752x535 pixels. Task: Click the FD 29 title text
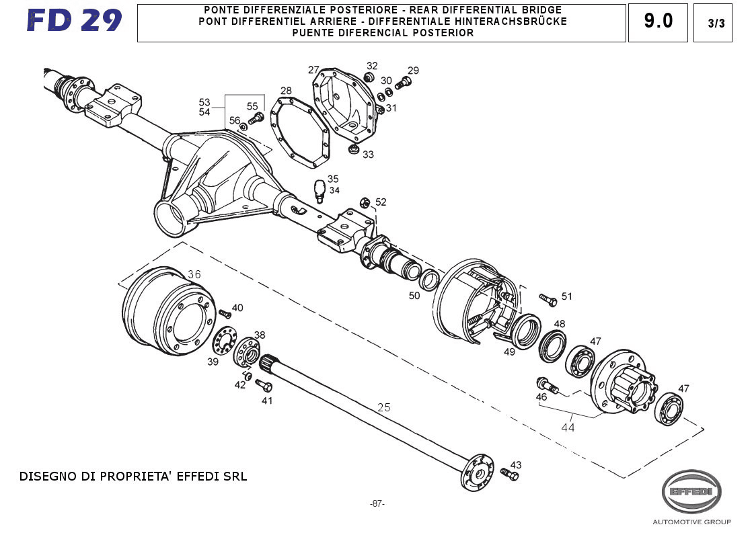(75, 22)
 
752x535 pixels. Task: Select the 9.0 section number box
(658, 22)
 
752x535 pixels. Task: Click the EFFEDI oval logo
(691, 491)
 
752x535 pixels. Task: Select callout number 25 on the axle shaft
(384, 407)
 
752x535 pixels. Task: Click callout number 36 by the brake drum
(194, 274)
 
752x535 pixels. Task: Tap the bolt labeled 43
(509, 475)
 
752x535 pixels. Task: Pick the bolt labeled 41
(264, 386)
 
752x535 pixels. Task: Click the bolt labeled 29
(404, 83)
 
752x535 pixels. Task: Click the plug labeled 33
(352, 148)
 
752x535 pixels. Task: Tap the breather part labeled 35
(320, 190)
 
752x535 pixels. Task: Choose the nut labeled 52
(365, 202)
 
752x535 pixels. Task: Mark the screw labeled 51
(548, 300)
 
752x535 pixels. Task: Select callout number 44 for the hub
(568, 427)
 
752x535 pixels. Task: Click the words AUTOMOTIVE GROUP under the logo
(691, 522)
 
